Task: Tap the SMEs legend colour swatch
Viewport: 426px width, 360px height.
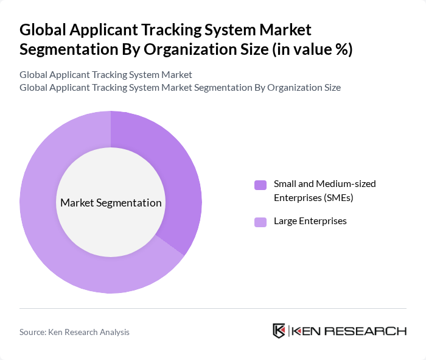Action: (x=260, y=185)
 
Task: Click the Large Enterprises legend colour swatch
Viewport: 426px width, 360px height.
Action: (x=260, y=222)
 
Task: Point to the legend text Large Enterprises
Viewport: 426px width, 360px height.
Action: (x=310, y=221)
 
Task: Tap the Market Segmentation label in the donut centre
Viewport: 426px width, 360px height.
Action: (x=111, y=203)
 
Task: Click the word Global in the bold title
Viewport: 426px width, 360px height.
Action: (x=44, y=29)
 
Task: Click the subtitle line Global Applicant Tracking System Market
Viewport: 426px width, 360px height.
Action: (x=106, y=74)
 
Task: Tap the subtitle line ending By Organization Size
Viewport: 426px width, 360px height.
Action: (x=180, y=87)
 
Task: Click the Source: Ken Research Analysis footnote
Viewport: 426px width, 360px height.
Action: (x=74, y=332)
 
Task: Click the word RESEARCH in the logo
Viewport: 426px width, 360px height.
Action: (x=367, y=331)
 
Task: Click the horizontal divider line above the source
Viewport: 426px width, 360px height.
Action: (x=213, y=308)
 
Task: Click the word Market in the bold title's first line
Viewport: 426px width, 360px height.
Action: (x=286, y=29)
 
